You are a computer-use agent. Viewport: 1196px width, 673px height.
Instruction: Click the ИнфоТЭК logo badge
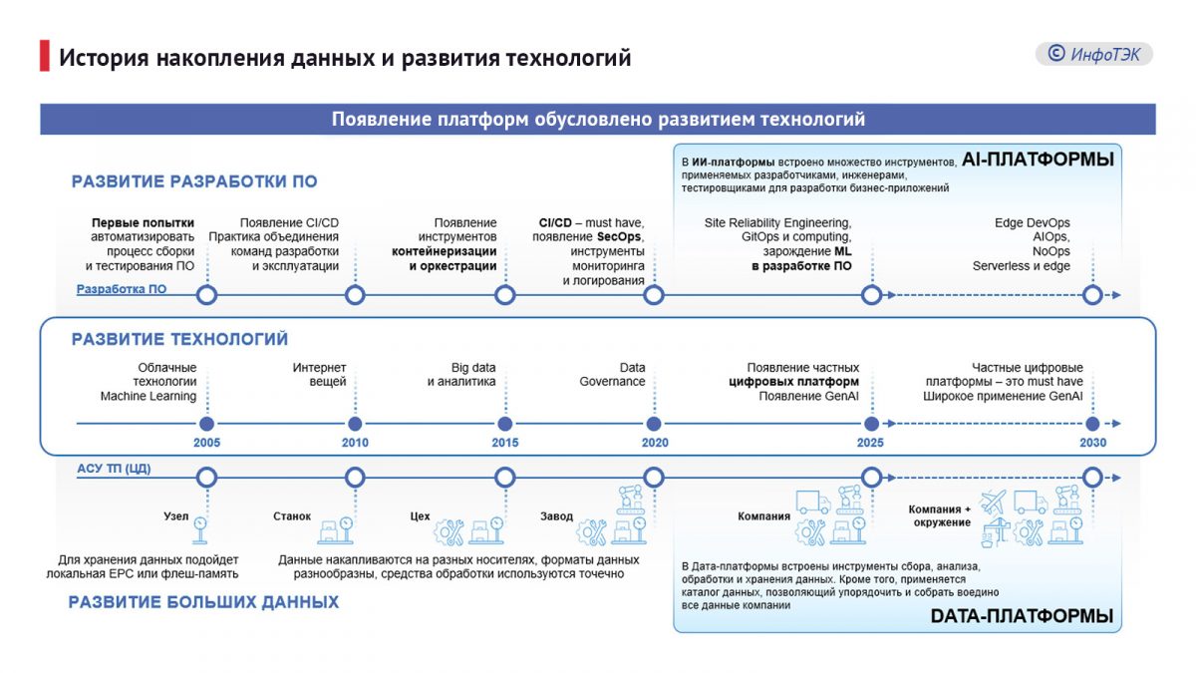pyautogui.click(x=1093, y=54)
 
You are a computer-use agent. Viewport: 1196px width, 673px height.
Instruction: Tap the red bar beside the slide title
pyautogui.click(x=44, y=57)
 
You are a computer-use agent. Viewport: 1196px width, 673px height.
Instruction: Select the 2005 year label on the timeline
pyautogui.click(x=206, y=443)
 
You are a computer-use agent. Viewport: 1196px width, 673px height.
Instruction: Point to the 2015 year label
pyautogui.click(x=504, y=443)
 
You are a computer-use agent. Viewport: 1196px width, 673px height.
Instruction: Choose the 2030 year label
pyautogui.click(x=1092, y=443)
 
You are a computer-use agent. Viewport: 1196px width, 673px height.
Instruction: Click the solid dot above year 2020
pyautogui.click(x=654, y=423)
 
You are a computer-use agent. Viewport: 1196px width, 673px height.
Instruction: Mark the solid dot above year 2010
pyautogui.click(x=355, y=423)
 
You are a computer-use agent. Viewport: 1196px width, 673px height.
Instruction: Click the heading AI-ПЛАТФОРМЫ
pyautogui.click(x=1037, y=160)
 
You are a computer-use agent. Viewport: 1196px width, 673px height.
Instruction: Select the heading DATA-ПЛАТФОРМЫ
pyautogui.click(x=1022, y=616)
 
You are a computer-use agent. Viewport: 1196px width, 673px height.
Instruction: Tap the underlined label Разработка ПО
pyautogui.click(x=122, y=290)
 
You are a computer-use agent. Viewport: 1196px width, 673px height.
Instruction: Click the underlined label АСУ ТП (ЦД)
pyautogui.click(x=114, y=468)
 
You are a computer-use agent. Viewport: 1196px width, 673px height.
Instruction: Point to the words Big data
pyautogui.click(x=473, y=368)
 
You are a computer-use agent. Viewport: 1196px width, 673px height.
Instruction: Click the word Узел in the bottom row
pyautogui.click(x=175, y=516)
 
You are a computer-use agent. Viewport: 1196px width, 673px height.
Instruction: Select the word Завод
pyautogui.click(x=556, y=516)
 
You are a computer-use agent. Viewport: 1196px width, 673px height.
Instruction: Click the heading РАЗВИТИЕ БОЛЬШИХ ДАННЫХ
pyautogui.click(x=203, y=602)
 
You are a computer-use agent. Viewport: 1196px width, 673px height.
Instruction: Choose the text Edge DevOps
pyautogui.click(x=1032, y=222)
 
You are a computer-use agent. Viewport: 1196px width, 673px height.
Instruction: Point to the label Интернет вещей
pyautogui.click(x=320, y=375)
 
